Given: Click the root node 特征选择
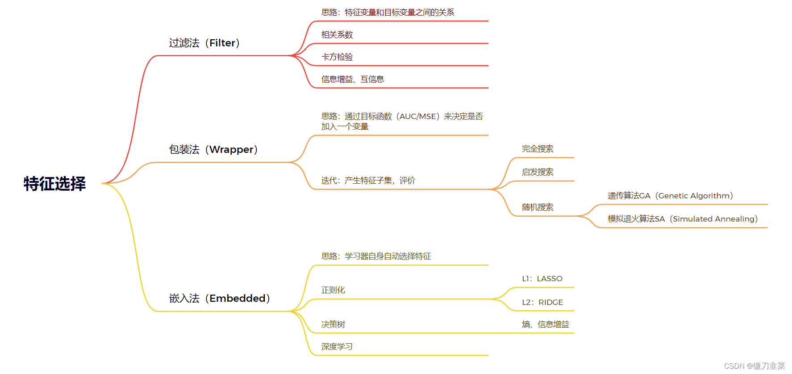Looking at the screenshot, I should click(54, 184).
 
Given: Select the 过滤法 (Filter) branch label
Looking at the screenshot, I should click(204, 43).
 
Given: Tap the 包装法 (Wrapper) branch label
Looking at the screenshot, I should click(213, 149).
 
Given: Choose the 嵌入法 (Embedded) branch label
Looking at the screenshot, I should click(220, 298).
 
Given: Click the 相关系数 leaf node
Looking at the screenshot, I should click(337, 35).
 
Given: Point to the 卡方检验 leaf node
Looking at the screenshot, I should click(337, 57).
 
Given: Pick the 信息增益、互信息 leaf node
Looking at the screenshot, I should click(353, 79).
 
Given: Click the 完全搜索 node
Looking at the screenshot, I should click(538, 149).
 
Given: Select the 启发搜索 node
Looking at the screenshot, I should click(538, 172).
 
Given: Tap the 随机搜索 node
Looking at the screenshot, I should click(538, 207).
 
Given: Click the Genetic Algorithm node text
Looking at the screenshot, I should click(670, 196).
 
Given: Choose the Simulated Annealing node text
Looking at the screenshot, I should click(683, 219).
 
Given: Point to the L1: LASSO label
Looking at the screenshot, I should click(542, 279).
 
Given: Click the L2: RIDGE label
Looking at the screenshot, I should click(542, 302).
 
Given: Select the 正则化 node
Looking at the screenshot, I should click(333, 290).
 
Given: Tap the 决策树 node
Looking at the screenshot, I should click(333, 325).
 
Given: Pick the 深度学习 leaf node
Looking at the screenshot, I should click(337, 347).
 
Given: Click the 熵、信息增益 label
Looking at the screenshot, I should click(546, 325).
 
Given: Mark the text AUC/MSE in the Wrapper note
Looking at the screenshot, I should click(418, 116).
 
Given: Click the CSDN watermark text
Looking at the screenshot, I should click(754, 366).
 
